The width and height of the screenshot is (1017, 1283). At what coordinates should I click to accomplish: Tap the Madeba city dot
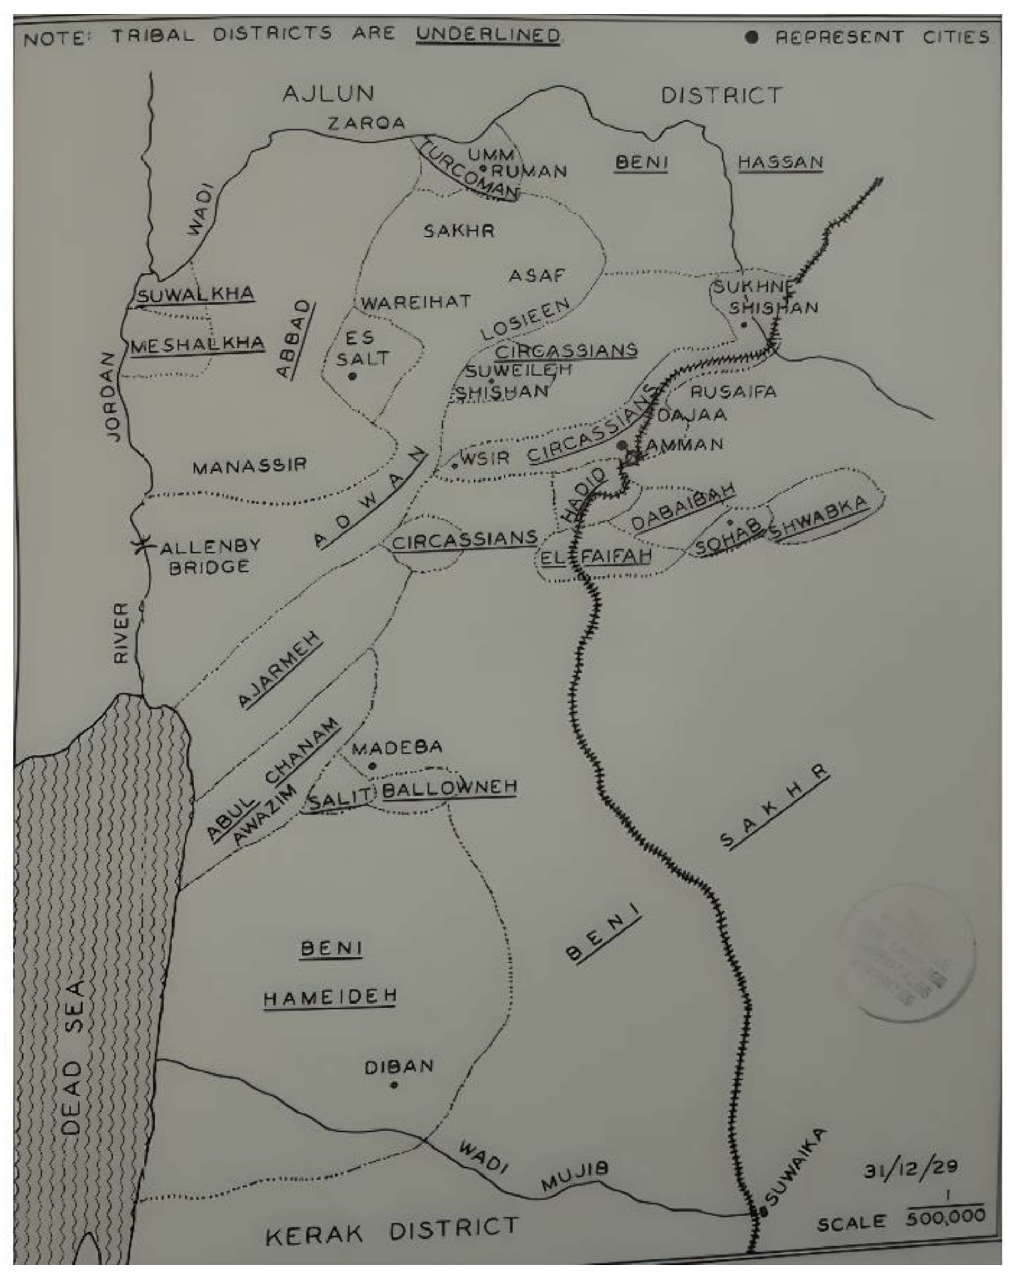373,766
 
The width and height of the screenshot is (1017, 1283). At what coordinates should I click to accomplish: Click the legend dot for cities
751,38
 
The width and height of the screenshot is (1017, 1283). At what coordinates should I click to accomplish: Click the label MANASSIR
249,465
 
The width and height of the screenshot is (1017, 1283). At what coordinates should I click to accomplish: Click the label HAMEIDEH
330,997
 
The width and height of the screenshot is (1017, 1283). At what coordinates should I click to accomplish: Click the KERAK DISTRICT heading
392,1232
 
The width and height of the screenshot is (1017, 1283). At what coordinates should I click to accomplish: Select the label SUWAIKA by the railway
795,1168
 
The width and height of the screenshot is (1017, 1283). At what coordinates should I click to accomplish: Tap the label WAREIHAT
416,302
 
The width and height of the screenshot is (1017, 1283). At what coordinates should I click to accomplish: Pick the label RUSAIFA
733,392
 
